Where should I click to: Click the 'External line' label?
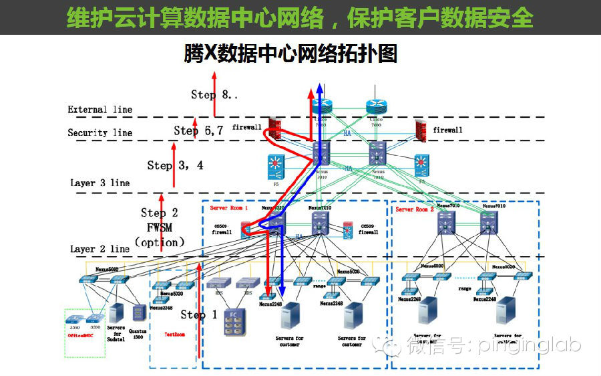pyautogui.click(x=99, y=110)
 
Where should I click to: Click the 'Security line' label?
pyautogui.click(x=99, y=132)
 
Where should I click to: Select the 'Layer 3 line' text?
pyautogui.click(x=99, y=183)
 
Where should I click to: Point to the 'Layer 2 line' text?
pyautogui.click(x=99, y=249)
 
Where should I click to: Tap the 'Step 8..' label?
pyautogui.click(x=214, y=94)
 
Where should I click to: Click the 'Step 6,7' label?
pyautogui.click(x=198, y=130)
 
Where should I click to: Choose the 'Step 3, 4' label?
pyautogui.click(x=175, y=165)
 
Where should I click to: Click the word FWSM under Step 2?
pyautogui.click(x=160, y=227)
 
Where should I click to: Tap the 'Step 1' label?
pyautogui.click(x=198, y=314)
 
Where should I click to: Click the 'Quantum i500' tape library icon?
pyautogui.click(x=139, y=313)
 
